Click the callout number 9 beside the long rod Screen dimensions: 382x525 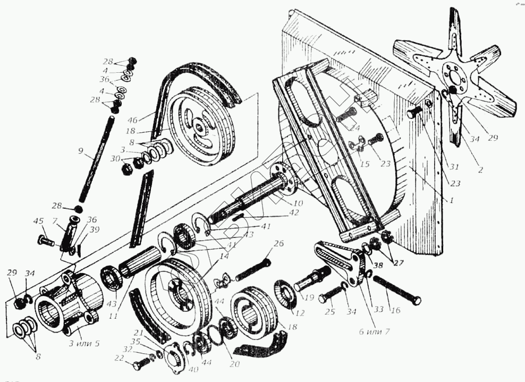(x=81, y=150)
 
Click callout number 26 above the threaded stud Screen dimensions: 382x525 (x=280, y=244)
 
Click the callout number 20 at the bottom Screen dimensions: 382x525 (x=235, y=364)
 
